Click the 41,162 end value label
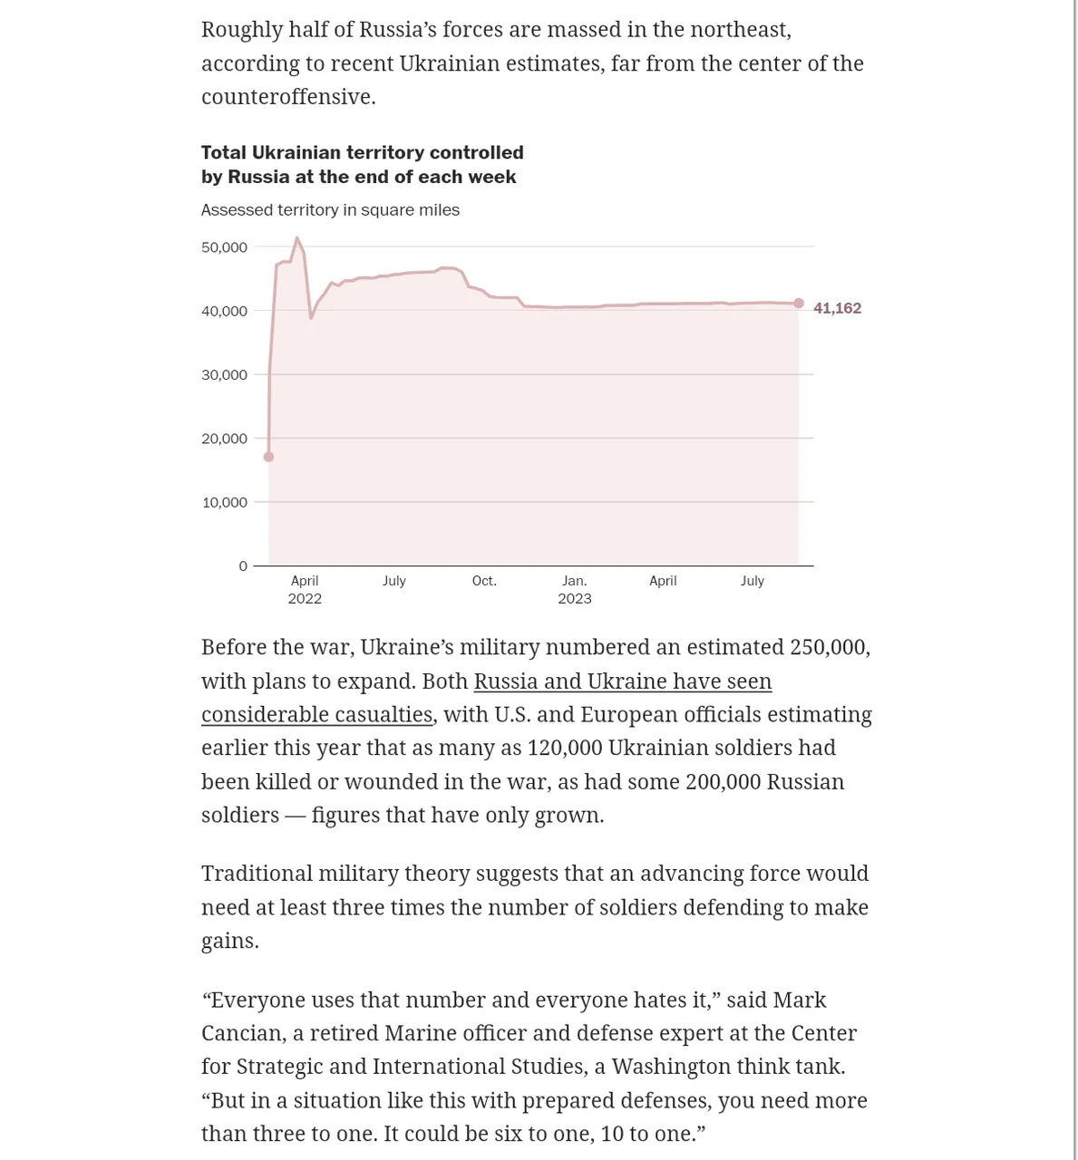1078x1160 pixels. [x=837, y=308]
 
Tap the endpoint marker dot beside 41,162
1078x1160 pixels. [x=799, y=304]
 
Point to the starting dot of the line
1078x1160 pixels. [x=268, y=457]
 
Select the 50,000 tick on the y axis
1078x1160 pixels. [x=224, y=247]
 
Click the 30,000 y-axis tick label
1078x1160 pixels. [x=224, y=375]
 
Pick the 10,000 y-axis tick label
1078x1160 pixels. [x=224, y=503]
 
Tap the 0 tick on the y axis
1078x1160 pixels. [x=243, y=566]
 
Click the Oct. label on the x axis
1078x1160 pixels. [x=484, y=581]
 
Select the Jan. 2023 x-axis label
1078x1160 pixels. [x=575, y=590]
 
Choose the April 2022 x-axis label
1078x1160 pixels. [x=305, y=590]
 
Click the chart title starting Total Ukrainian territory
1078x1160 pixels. [x=362, y=165]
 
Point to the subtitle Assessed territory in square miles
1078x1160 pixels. [x=330, y=210]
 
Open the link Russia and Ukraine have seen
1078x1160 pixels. [x=622, y=681]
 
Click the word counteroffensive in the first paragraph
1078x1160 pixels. [x=286, y=97]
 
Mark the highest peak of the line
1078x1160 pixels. [x=297, y=238]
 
